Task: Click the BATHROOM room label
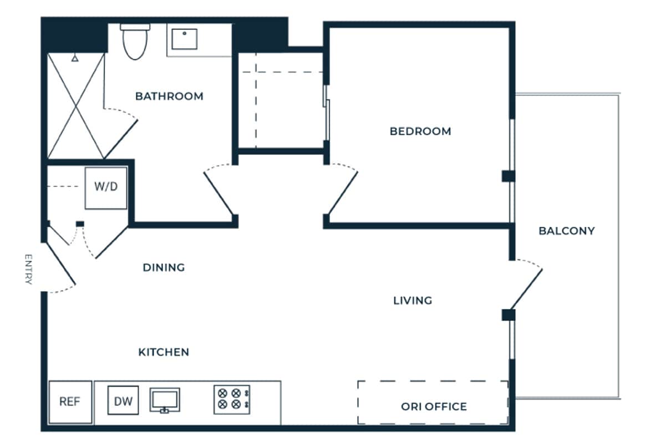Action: pyautogui.click(x=169, y=96)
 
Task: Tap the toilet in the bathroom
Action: pyautogui.click(x=133, y=42)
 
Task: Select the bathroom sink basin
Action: pyautogui.click(x=184, y=39)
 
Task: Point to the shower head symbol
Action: pyautogui.click(x=74, y=57)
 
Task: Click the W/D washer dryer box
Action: pyautogui.click(x=105, y=187)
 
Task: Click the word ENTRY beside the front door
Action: pyautogui.click(x=28, y=270)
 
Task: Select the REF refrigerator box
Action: pyautogui.click(x=70, y=402)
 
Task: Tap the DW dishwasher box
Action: pyautogui.click(x=123, y=402)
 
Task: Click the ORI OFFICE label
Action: pyautogui.click(x=434, y=407)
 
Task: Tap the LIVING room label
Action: pyautogui.click(x=413, y=301)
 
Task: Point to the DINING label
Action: pyautogui.click(x=164, y=267)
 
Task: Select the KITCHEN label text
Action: pyautogui.click(x=164, y=352)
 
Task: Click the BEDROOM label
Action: pyautogui.click(x=420, y=131)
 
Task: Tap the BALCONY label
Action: pyautogui.click(x=566, y=231)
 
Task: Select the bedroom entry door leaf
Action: pyautogui.click(x=342, y=194)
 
